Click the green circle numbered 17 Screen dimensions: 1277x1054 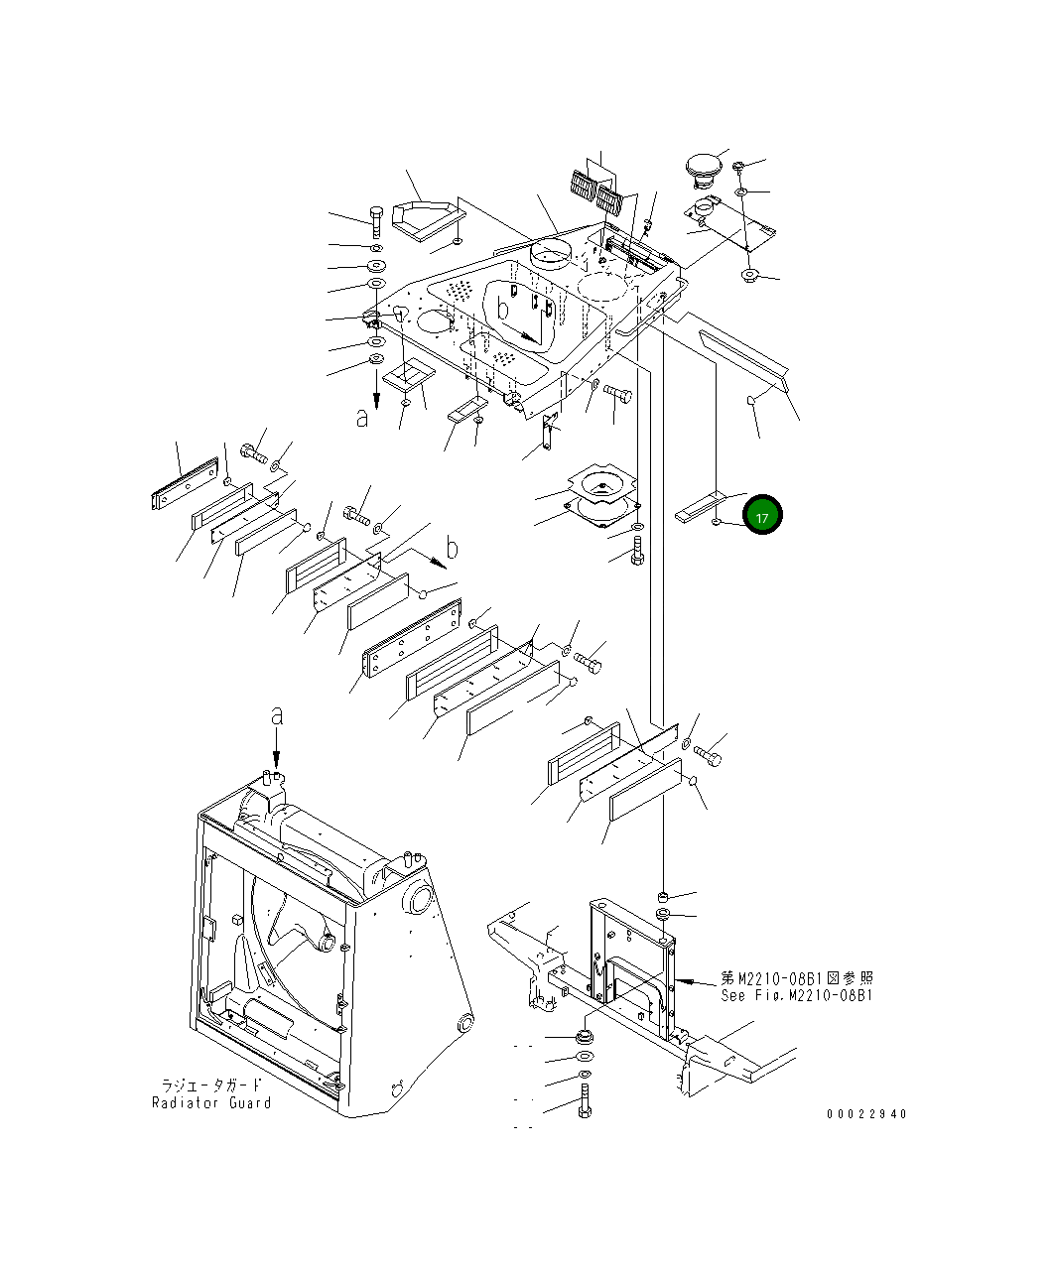point(762,515)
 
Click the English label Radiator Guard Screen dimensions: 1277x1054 point(211,1102)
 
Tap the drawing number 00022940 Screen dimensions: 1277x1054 point(865,1113)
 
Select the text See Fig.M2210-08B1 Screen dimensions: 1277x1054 point(797,995)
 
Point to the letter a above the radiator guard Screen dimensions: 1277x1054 point(277,715)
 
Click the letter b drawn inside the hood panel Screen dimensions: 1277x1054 point(503,310)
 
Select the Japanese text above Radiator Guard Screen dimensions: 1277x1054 point(211,1085)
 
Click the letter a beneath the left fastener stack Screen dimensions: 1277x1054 point(363,419)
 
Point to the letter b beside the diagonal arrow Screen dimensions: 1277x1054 point(452,547)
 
